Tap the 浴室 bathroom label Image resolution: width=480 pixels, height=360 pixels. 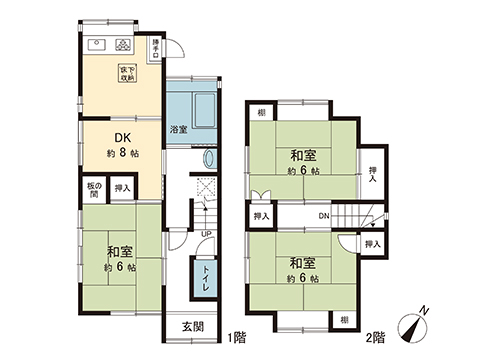tap(176, 130)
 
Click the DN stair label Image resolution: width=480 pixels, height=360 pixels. tap(324, 215)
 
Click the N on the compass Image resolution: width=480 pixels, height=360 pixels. tap(427, 312)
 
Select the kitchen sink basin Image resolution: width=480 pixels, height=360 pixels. tap(98, 44)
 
